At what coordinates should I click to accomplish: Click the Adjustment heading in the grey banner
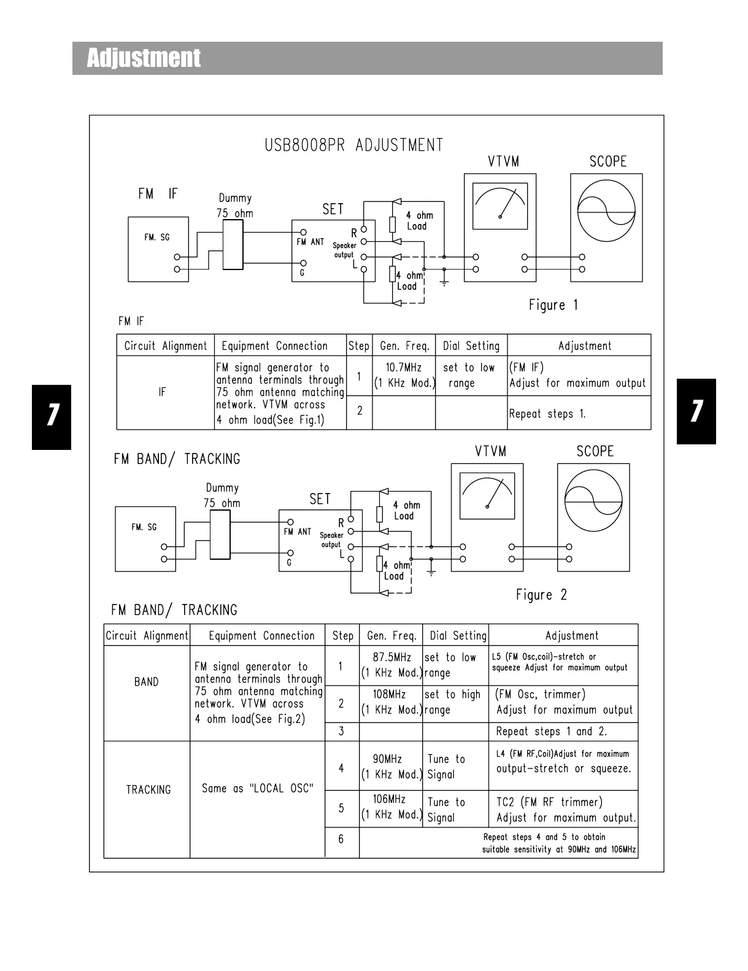[144, 58]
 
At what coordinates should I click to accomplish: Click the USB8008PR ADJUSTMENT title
[353, 145]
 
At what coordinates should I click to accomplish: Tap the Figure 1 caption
[553, 305]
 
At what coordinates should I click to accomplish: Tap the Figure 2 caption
[541, 595]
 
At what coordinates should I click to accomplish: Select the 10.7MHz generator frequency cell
[404, 376]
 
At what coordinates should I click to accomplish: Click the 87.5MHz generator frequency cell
[391, 665]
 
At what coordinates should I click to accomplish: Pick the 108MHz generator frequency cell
[391, 702]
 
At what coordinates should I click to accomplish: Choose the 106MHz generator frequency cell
[391, 807]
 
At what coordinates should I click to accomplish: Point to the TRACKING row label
[148, 790]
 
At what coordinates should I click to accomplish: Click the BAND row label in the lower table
[146, 682]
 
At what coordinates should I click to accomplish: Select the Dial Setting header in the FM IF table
[471, 346]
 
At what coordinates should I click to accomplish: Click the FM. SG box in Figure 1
[158, 249]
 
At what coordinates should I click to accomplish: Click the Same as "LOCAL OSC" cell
[257, 789]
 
